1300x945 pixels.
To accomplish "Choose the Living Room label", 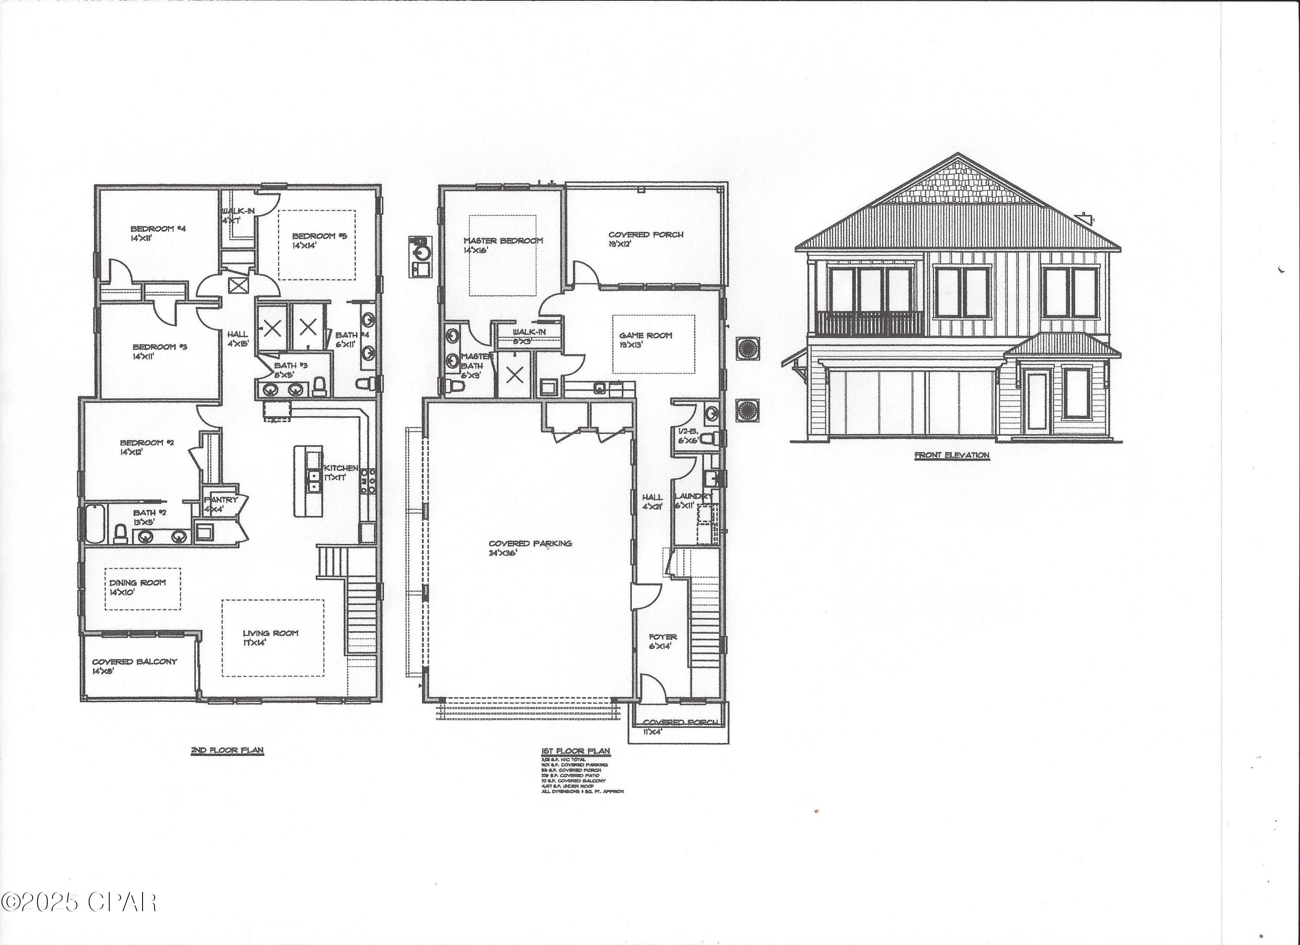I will pos(270,633).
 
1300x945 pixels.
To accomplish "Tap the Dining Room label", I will pos(137,583).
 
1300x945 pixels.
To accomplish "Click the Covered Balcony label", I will pos(134,661).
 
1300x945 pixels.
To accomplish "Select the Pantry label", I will pos(221,500).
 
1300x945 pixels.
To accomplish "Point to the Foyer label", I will pos(662,636).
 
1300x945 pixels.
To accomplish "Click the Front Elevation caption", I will pos(952,455).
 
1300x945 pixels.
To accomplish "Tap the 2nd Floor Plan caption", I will pos(227,750).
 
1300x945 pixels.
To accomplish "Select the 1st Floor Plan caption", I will pos(575,751).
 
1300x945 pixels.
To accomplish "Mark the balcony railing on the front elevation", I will pos(870,323).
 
